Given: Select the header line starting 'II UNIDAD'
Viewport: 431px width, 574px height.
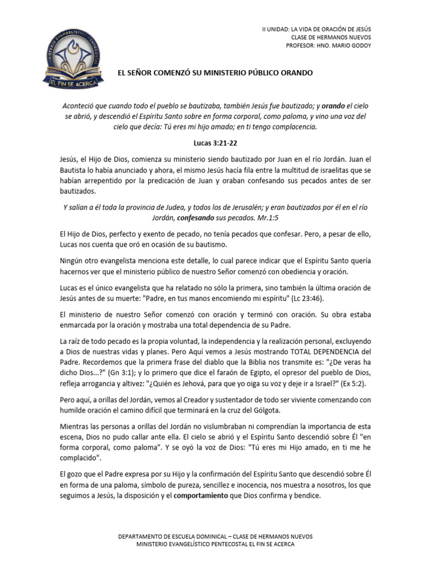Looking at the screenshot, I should tap(317, 29).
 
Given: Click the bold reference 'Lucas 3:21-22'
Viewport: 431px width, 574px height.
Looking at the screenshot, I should tap(215, 143).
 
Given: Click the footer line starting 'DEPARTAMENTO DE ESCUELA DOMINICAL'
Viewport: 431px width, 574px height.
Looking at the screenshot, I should tap(215, 536).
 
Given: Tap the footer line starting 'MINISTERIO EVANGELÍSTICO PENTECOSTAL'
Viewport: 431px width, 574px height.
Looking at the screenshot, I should tap(215, 544).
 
